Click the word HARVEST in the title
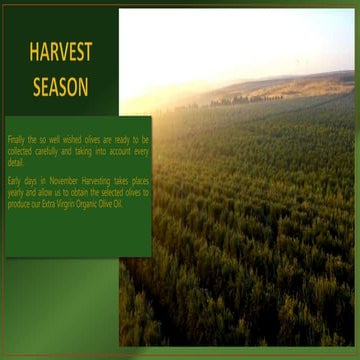[60, 51]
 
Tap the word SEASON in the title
[60, 86]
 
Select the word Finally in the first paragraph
[18, 140]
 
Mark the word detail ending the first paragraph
[16, 161]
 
